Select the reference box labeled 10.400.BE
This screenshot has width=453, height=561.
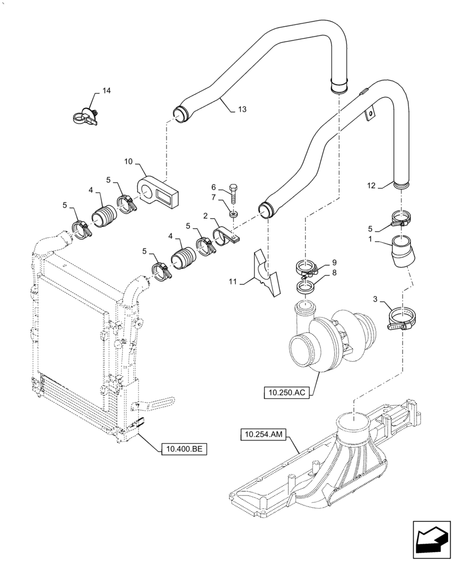[183, 449]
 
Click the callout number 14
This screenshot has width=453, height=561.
[106, 91]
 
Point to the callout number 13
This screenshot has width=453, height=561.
[242, 109]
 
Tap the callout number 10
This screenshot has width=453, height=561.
[129, 162]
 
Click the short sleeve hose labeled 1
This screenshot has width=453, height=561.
[400, 251]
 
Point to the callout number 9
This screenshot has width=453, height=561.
[334, 262]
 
